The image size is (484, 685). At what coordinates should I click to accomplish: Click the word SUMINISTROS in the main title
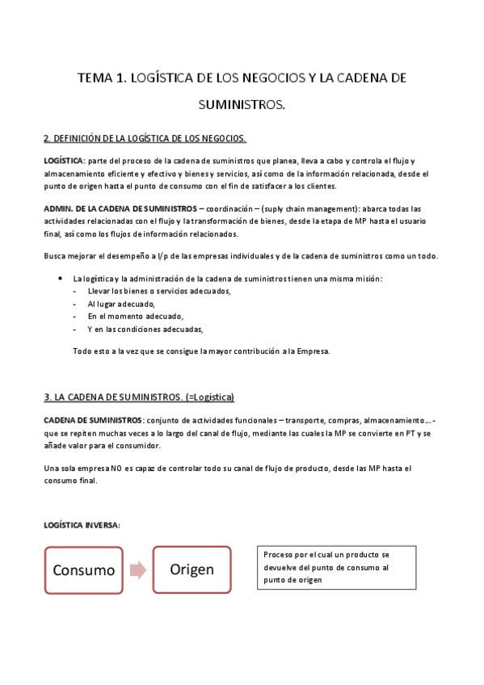point(242,105)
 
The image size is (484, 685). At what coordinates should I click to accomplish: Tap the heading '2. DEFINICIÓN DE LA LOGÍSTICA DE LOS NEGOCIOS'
point(145,138)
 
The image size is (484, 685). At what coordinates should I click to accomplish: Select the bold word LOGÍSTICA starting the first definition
point(63,161)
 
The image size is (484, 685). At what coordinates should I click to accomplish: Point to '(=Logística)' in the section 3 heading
point(208,397)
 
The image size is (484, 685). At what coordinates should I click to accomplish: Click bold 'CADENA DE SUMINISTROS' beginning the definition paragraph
point(92,420)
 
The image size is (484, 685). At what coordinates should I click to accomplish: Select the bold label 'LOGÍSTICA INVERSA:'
point(82,526)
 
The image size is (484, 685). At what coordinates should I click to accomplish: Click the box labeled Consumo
point(84,570)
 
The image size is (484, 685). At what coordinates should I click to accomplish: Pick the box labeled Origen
point(191,569)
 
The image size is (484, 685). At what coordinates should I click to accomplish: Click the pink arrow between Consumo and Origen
point(137,570)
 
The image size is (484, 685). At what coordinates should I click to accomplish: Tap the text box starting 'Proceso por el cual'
point(330,567)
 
